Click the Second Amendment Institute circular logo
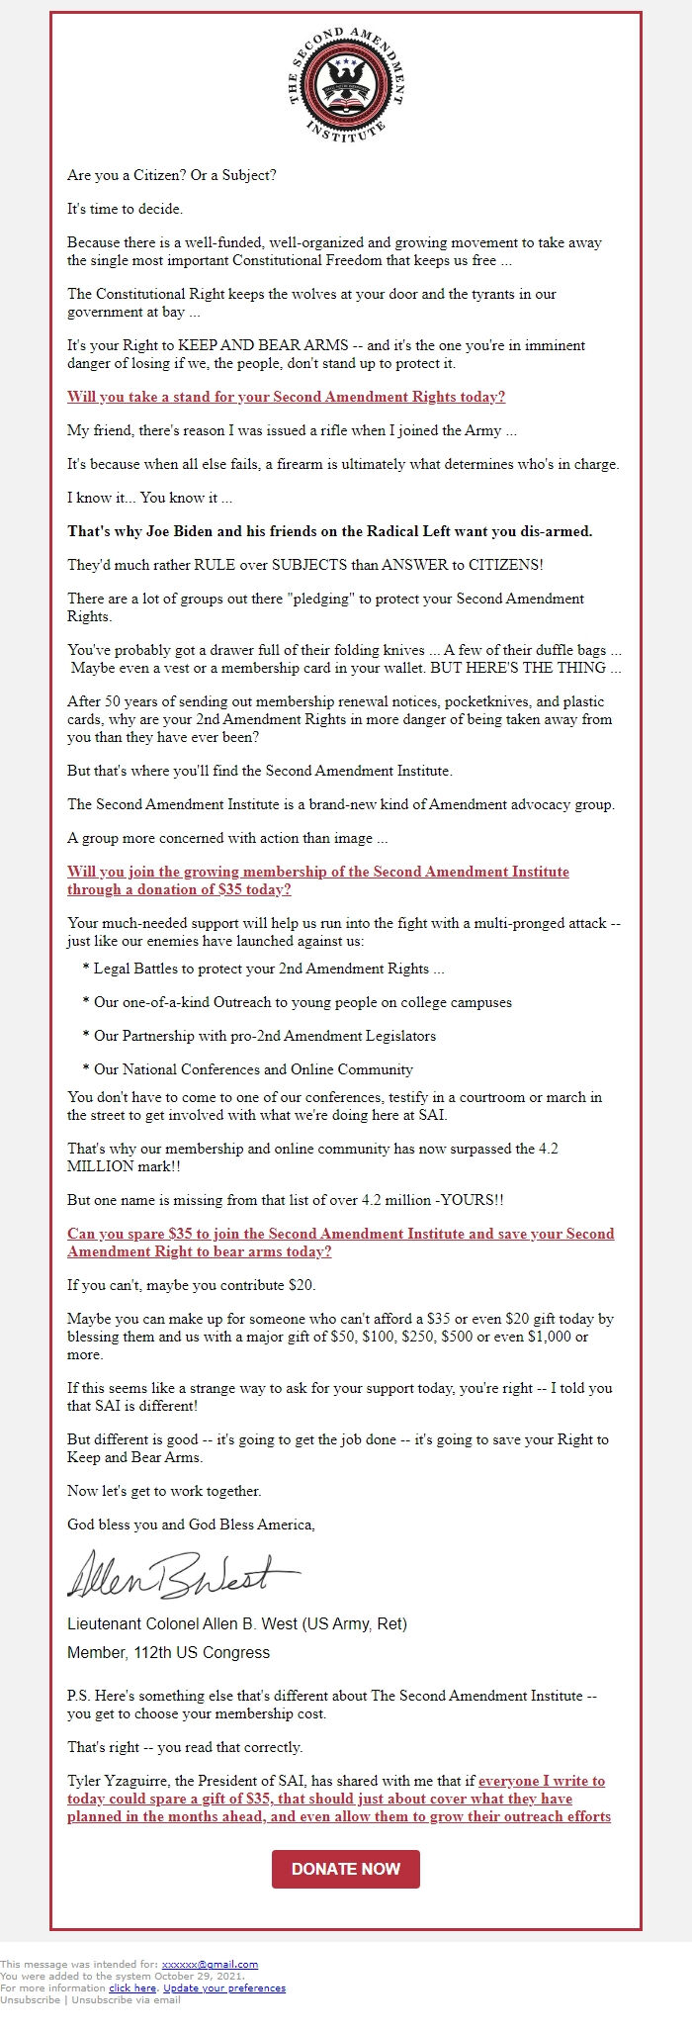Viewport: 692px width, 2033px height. coord(346,86)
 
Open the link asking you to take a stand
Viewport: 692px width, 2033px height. coord(286,397)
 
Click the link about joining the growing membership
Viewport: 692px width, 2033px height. coord(317,880)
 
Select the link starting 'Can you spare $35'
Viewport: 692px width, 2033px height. coord(340,1243)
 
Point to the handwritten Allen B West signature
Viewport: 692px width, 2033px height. coord(183,1576)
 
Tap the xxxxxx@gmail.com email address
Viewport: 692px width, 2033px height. coord(210,1965)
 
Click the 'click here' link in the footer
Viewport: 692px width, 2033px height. coord(132,1988)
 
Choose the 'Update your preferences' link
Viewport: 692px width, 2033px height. coord(224,1988)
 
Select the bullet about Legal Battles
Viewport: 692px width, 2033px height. coord(263,969)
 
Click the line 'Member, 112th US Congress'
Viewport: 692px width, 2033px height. coord(168,1652)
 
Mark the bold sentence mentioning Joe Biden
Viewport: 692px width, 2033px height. coord(329,531)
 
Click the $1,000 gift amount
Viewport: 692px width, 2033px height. coord(562,1337)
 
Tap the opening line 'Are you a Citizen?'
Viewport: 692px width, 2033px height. coord(172,175)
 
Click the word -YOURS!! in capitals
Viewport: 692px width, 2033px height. coord(471,1200)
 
